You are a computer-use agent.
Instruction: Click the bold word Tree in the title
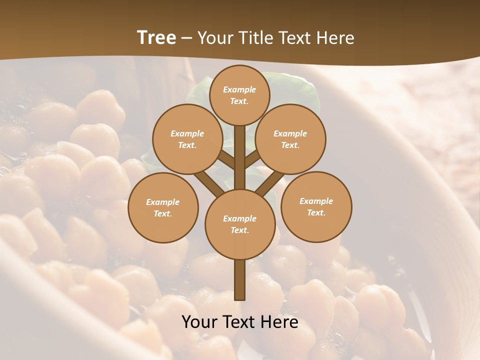156,38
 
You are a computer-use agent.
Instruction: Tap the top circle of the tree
239,95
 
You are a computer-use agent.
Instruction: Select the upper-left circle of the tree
187,139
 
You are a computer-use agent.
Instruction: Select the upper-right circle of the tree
290,139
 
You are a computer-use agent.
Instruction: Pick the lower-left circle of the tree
163,207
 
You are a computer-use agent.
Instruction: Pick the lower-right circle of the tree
316,206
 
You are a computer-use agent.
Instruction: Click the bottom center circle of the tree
239,224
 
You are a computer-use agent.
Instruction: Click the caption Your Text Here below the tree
239,322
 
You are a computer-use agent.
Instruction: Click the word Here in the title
336,38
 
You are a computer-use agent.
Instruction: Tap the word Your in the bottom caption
200,322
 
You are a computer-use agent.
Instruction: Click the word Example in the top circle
239,89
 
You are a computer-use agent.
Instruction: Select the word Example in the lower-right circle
316,201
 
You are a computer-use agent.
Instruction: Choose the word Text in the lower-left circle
162,213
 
